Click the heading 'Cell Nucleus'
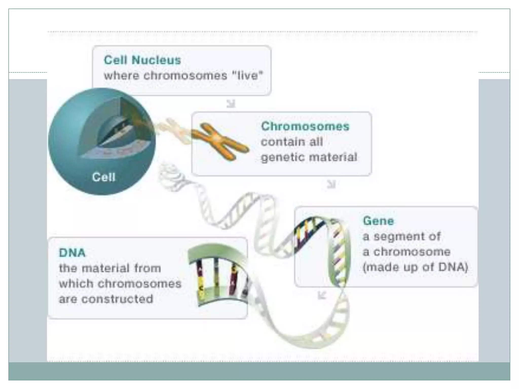click(x=142, y=60)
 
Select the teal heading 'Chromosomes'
click(x=305, y=126)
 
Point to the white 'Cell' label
click(x=104, y=177)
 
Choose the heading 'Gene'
click(x=378, y=221)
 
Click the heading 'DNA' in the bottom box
click(x=72, y=253)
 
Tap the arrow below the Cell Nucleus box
click(x=231, y=104)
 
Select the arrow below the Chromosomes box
click(x=331, y=184)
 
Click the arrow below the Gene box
click(x=322, y=295)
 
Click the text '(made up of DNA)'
click(x=415, y=267)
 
